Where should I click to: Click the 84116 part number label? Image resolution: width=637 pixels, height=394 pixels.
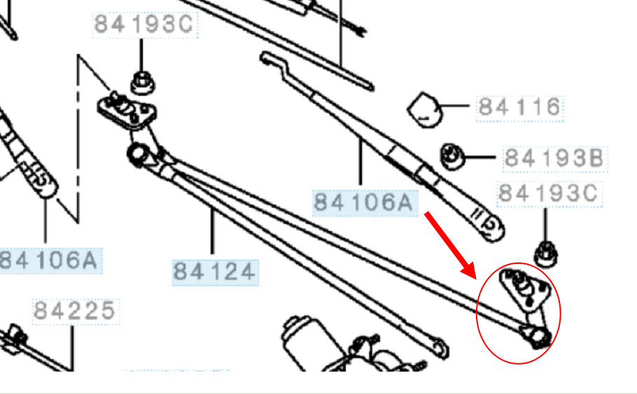click(519, 108)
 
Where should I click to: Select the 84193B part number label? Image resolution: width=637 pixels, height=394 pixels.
click(554, 158)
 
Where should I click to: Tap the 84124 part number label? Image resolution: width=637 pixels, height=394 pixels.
click(215, 272)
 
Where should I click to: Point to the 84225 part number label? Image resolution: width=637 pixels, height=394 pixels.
click(75, 311)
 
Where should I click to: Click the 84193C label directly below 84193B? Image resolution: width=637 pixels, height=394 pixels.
click(549, 194)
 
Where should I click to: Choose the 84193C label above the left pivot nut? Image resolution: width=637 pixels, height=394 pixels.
click(145, 24)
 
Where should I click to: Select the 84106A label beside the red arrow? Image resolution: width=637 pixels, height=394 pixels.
click(365, 202)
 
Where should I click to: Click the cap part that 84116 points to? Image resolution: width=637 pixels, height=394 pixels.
click(425, 110)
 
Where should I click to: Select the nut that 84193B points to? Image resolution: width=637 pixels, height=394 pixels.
click(452, 157)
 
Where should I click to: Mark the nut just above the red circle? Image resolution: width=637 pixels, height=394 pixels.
click(545, 254)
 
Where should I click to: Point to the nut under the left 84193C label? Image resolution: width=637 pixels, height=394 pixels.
click(142, 82)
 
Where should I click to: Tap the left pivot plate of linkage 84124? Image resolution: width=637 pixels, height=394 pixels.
click(127, 110)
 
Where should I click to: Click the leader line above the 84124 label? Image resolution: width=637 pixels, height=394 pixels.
click(212, 231)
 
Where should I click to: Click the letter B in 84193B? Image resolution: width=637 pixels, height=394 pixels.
click(595, 158)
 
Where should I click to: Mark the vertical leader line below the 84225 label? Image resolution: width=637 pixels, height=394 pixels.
click(73, 348)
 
